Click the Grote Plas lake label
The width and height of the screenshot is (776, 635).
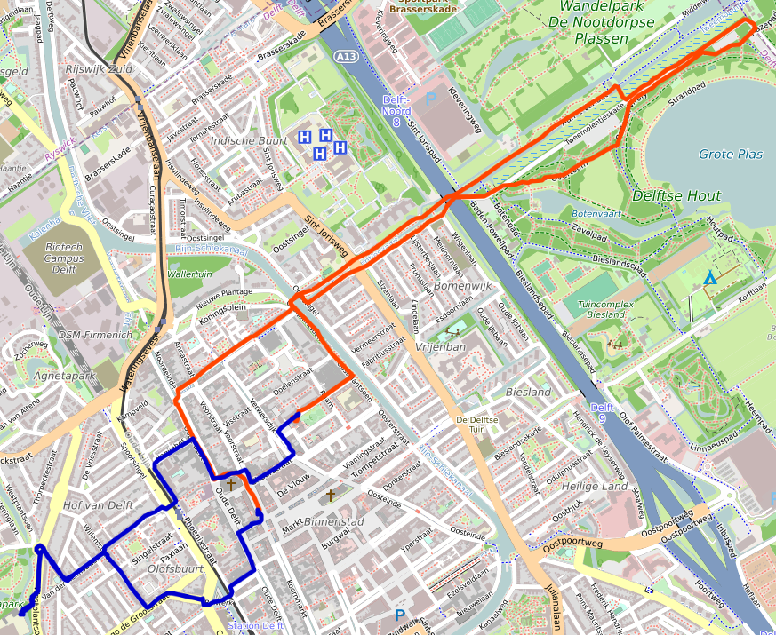(x=730, y=155)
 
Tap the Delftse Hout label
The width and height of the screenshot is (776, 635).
(x=676, y=195)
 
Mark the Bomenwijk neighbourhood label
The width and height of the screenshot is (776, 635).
(x=462, y=287)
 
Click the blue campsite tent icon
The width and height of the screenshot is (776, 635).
(x=709, y=279)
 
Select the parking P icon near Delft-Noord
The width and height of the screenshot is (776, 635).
(x=431, y=99)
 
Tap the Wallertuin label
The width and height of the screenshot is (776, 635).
(x=189, y=274)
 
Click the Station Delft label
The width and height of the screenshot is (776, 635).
(x=257, y=626)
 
